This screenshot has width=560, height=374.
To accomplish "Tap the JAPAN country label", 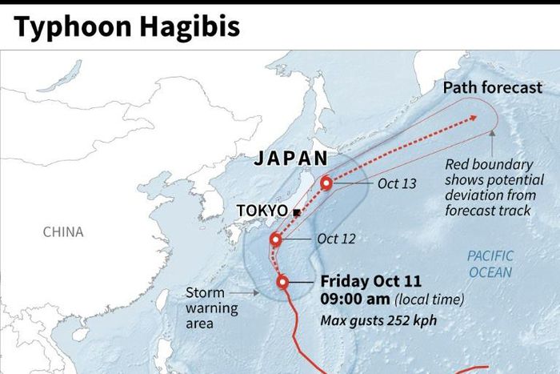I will (291, 159).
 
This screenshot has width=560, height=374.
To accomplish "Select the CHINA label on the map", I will (63, 232).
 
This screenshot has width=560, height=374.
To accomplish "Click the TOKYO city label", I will (262, 211).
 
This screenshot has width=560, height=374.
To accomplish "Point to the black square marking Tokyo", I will (296, 212).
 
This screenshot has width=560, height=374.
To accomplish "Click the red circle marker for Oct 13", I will (326, 183).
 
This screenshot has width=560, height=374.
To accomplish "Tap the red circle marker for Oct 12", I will (276, 239).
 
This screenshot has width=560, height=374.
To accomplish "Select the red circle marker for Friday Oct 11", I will (282, 282).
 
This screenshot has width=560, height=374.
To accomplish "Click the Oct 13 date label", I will (398, 184).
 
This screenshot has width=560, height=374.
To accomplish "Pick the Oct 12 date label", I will (336, 239).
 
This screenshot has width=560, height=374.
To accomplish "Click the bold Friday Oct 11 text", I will (370, 282).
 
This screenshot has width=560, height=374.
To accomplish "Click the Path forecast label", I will (493, 87).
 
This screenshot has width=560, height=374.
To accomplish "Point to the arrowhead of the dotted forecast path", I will (473, 118).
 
